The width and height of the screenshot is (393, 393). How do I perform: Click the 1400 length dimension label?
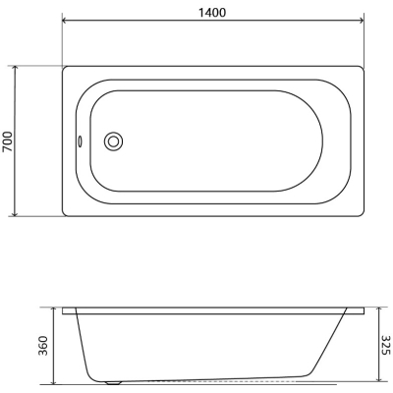tap(212, 13)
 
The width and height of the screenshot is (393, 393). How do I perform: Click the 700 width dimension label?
tap(8, 141)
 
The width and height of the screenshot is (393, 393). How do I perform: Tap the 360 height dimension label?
tap(43, 346)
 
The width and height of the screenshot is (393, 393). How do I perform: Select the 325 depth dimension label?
tap(386, 345)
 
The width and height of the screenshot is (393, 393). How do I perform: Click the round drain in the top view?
tap(113, 141)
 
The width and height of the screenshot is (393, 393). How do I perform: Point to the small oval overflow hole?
tap(80, 141)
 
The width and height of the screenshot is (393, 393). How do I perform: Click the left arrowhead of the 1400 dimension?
tap(65, 22)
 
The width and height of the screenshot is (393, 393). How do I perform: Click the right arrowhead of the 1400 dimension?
tap(361, 22)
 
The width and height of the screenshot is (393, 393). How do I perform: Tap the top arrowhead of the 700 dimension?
tap(14, 68)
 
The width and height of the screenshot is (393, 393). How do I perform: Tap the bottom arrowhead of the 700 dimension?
tap(14, 213)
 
